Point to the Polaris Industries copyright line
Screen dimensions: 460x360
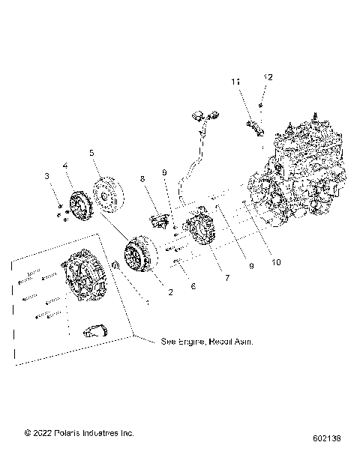click(x=68, y=432)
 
